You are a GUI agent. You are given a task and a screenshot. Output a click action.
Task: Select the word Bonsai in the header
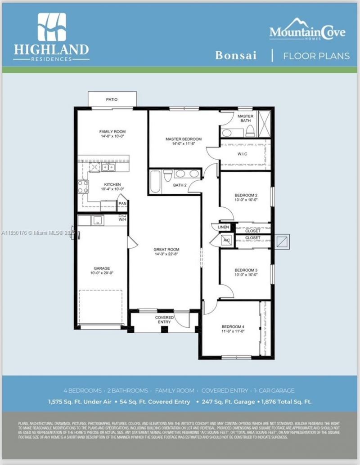(x=236, y=56)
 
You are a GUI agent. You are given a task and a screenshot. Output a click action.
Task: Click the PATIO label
(x=112, y=99)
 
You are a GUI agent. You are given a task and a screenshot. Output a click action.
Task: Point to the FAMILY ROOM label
(x=112, y=132)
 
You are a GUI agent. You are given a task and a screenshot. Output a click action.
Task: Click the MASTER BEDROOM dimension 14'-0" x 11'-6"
(x=183, y=144)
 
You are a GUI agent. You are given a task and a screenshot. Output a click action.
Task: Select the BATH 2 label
(x=180, y=185)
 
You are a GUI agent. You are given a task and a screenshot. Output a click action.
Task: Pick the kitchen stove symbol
(x=83, y=186)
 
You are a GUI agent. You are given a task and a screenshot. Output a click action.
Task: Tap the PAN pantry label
(x=122, y=204)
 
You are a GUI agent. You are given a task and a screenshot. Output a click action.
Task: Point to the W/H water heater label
(x=122, y=219)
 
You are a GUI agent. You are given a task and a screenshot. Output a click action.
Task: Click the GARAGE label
(x=102, y=268)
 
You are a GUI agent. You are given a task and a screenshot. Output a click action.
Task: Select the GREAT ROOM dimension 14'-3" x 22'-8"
(x=166, y=255)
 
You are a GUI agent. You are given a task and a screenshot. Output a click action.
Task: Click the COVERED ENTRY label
(x=164, y=320)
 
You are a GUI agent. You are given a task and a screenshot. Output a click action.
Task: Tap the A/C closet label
(x=227, y=241)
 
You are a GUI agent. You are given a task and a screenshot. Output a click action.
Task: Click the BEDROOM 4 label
(x=233, y=326)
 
